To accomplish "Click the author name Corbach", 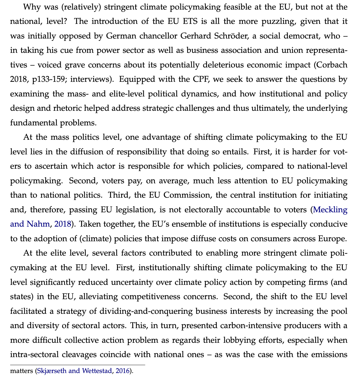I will click(x=334, y=65).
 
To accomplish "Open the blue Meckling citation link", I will click(x=330, y=210).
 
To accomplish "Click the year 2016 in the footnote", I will click(x=122, y=371).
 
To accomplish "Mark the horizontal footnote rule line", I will click(x=78, y=365).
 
